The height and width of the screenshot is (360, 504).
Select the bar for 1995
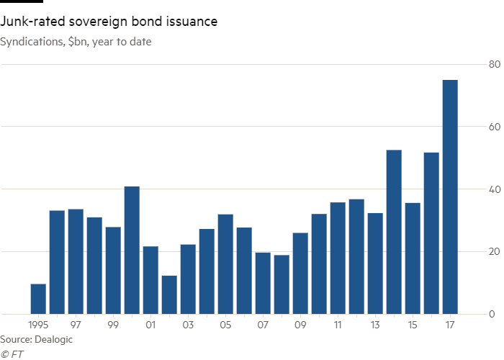(x=38, y=299)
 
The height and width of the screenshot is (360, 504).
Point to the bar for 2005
(x=225, y=264)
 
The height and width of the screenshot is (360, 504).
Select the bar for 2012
(x=356, y=256)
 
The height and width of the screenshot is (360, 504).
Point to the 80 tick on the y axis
(x=493, y=65)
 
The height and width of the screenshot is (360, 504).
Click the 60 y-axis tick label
(x=493, y=127)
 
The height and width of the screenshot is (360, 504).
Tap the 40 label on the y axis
(x=493, y=189)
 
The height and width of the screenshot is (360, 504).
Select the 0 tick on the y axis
(x=493, y=314)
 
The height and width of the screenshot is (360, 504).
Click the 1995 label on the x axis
(x=38, y=325)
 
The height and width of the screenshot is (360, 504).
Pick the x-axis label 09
(x=300, y=325)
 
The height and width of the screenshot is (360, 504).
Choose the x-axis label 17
(x=449, y=325)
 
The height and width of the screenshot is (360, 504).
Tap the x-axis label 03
(x=188, y=325)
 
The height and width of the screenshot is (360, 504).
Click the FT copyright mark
(x=12, y=353)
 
